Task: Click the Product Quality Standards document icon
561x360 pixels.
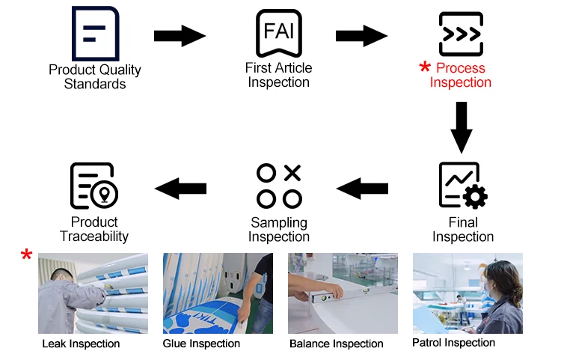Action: (94, 34)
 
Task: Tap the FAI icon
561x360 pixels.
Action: (278, 34)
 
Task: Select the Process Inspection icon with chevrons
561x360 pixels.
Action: (460, 34)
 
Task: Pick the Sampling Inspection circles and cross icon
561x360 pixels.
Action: (279, 186)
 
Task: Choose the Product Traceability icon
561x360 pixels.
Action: (93, 186)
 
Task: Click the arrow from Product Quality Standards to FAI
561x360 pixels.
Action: (180, 35)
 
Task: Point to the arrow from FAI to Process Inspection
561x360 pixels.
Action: (361, 35)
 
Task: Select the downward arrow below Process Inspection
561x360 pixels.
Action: (462, 128)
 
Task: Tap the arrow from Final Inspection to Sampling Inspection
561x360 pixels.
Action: (363, 188)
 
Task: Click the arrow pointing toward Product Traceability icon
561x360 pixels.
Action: (180, 188)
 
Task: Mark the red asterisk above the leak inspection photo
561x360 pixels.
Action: (27, 256)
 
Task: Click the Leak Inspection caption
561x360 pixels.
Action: (81, 344)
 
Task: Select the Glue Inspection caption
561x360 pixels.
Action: (201, 344)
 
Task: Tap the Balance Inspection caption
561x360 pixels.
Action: (336, 344)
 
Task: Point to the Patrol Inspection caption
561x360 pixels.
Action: (453, 343)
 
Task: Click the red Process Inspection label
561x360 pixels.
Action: (461, 75)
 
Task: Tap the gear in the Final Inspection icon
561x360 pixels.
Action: (475, 197)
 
